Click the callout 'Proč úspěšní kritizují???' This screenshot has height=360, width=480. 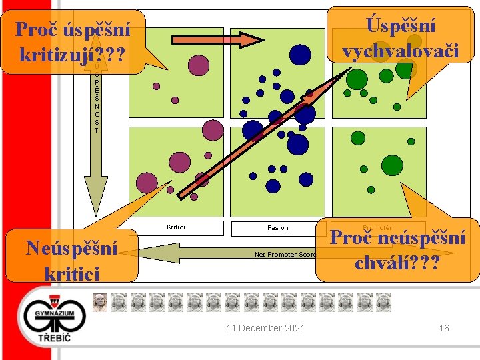[x=73, y=40]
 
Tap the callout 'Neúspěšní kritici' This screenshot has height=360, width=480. [x=71, y=260]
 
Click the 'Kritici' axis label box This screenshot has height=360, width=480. [x=176, y=228]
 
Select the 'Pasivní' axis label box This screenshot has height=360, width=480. [x=279, y=228]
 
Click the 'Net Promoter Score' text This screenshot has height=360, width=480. [x=285, y=254]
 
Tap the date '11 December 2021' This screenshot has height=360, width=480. [x=265, y=328]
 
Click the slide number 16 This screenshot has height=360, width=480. [x=444, y=328]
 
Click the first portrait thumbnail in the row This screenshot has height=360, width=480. [x=99, y=302]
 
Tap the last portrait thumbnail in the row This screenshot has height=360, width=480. [x=383, y=302]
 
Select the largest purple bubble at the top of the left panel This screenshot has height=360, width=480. [x=199, y=65]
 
